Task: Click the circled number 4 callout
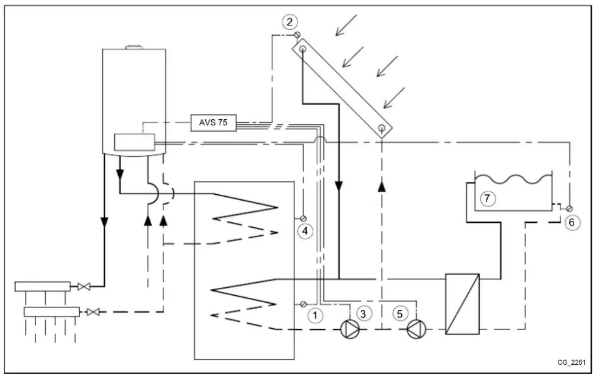pyautogui.click(x=305, y=230)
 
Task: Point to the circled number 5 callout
pyautogui.click(x=400, y=312)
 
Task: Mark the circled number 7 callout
pyautogui.click(x=487, y=199)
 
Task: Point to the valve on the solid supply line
pyautogui.click(x=83, y=286)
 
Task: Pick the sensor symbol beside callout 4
pyautogui.click(x=304, y=218)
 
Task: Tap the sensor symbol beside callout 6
pyautogui.click(x=569, y=208)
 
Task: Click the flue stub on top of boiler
pyautogui.click(x=133, y=49)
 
